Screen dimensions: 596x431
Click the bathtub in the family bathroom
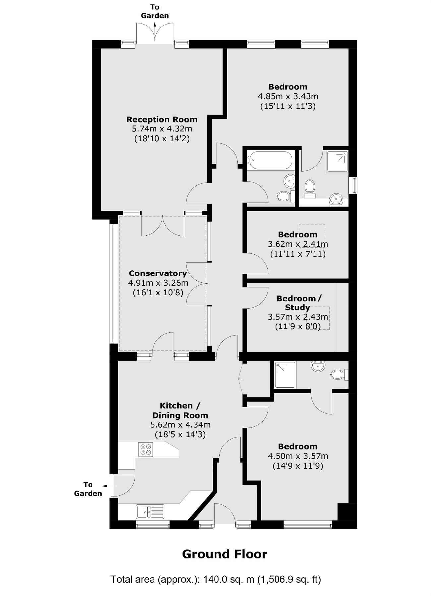coord(271,160)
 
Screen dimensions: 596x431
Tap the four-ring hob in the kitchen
coord(146,449)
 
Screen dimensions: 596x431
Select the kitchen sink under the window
coord(150,511)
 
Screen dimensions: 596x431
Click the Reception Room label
coord(162,119)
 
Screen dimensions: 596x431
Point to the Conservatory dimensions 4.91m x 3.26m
coord(158,283)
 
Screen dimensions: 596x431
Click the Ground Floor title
coord(224,554)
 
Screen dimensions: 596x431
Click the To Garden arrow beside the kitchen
coord(105,486)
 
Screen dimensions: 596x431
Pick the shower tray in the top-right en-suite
coord(337,162)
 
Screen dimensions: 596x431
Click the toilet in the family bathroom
coord(283,196)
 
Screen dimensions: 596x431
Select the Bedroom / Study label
coord(298,303)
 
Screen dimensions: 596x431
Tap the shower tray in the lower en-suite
coord(285,375)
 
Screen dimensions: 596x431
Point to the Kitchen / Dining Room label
coord(180,410)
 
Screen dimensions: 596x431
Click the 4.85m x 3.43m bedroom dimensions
coord(288,96)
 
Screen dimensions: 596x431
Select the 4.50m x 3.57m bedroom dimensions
coord(298,456)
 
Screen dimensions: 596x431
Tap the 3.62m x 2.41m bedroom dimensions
coord(298,244)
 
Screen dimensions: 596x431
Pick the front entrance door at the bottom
coord(225,514)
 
